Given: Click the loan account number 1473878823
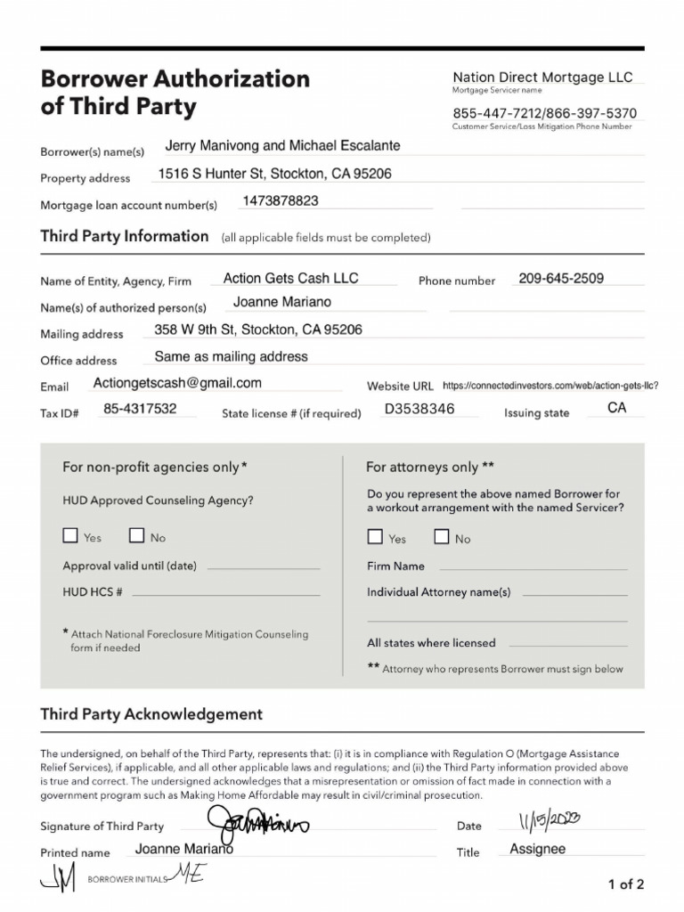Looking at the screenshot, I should (x=281, y=201).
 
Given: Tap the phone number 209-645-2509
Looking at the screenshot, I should (x=561, y=278).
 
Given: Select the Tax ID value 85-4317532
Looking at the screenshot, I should (x=140, y=409).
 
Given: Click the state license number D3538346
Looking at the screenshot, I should (x=419, y=409).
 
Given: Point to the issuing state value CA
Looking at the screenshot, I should (x=617, y=408).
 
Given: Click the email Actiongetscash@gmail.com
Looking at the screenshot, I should (x=177, y=383).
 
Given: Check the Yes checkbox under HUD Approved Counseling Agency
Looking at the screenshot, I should (x=70, y=536).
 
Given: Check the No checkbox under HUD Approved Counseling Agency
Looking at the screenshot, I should (x=137, y=536).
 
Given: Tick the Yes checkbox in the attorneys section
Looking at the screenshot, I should (x=375, y=537).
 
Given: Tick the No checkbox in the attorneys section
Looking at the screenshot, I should (x=442, y=537).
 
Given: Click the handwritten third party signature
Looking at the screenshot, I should (x=257, y=824).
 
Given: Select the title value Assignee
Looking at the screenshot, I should (x=537, y=849).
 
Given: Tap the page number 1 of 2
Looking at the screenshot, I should (x=625, y=884).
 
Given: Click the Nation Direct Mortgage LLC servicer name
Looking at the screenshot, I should (x=542, y=77).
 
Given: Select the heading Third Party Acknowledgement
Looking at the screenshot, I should (x=151, y=714).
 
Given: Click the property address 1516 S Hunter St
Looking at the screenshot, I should (x=274, y=174).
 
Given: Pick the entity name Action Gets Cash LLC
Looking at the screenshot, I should (x=290, y=278).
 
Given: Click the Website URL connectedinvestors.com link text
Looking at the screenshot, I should (x=550, y=386).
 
